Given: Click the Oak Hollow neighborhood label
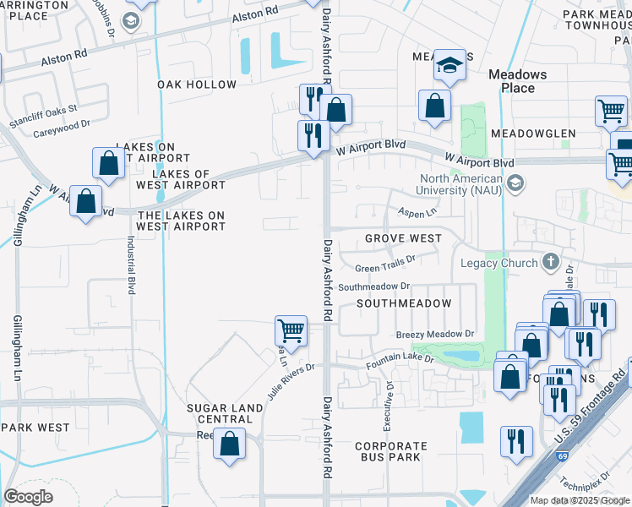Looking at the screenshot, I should [x=197, y=84].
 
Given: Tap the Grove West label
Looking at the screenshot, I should [x=403, y=238].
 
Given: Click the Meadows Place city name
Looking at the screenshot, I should [x=517, y=81].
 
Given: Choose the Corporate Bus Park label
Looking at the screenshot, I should [x=390, y=451].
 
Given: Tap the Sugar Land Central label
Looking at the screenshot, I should [x=225, y=413].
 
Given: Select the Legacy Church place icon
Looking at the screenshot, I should [x=550, y=262].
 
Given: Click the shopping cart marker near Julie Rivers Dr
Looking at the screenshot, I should [x=291, y=330].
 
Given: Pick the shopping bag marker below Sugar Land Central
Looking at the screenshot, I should [x=230, y=443].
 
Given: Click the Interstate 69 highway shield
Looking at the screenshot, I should [x=562, y=457].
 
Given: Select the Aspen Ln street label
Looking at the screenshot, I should [x=418, y=214].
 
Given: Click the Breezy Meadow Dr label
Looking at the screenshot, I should [x=435, y=335].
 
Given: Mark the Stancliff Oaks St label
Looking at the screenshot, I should [x=43, y=115].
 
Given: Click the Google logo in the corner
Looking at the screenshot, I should [x=28, y=497].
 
